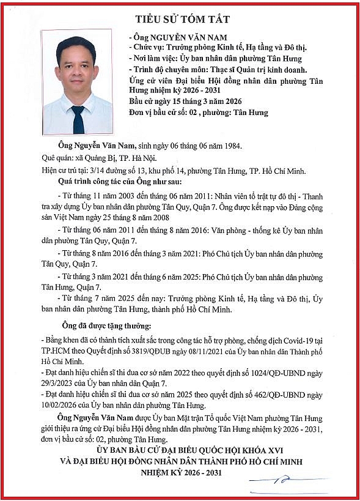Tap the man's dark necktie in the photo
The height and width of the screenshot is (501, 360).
click(78, 119)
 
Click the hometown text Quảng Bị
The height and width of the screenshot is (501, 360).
click(84, 157)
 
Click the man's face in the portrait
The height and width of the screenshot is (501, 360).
click(78, 65)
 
